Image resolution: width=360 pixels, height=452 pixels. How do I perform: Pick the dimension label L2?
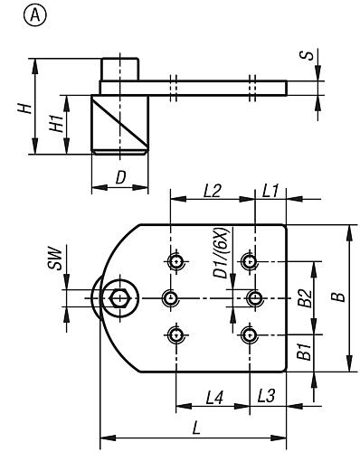[x=213, y=191]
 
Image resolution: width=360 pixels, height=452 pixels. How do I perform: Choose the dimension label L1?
[x=270, y=191]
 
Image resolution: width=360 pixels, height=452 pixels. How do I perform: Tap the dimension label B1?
[x=305, y=352]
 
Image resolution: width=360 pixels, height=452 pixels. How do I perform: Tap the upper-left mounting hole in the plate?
[x=177, y=262]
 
